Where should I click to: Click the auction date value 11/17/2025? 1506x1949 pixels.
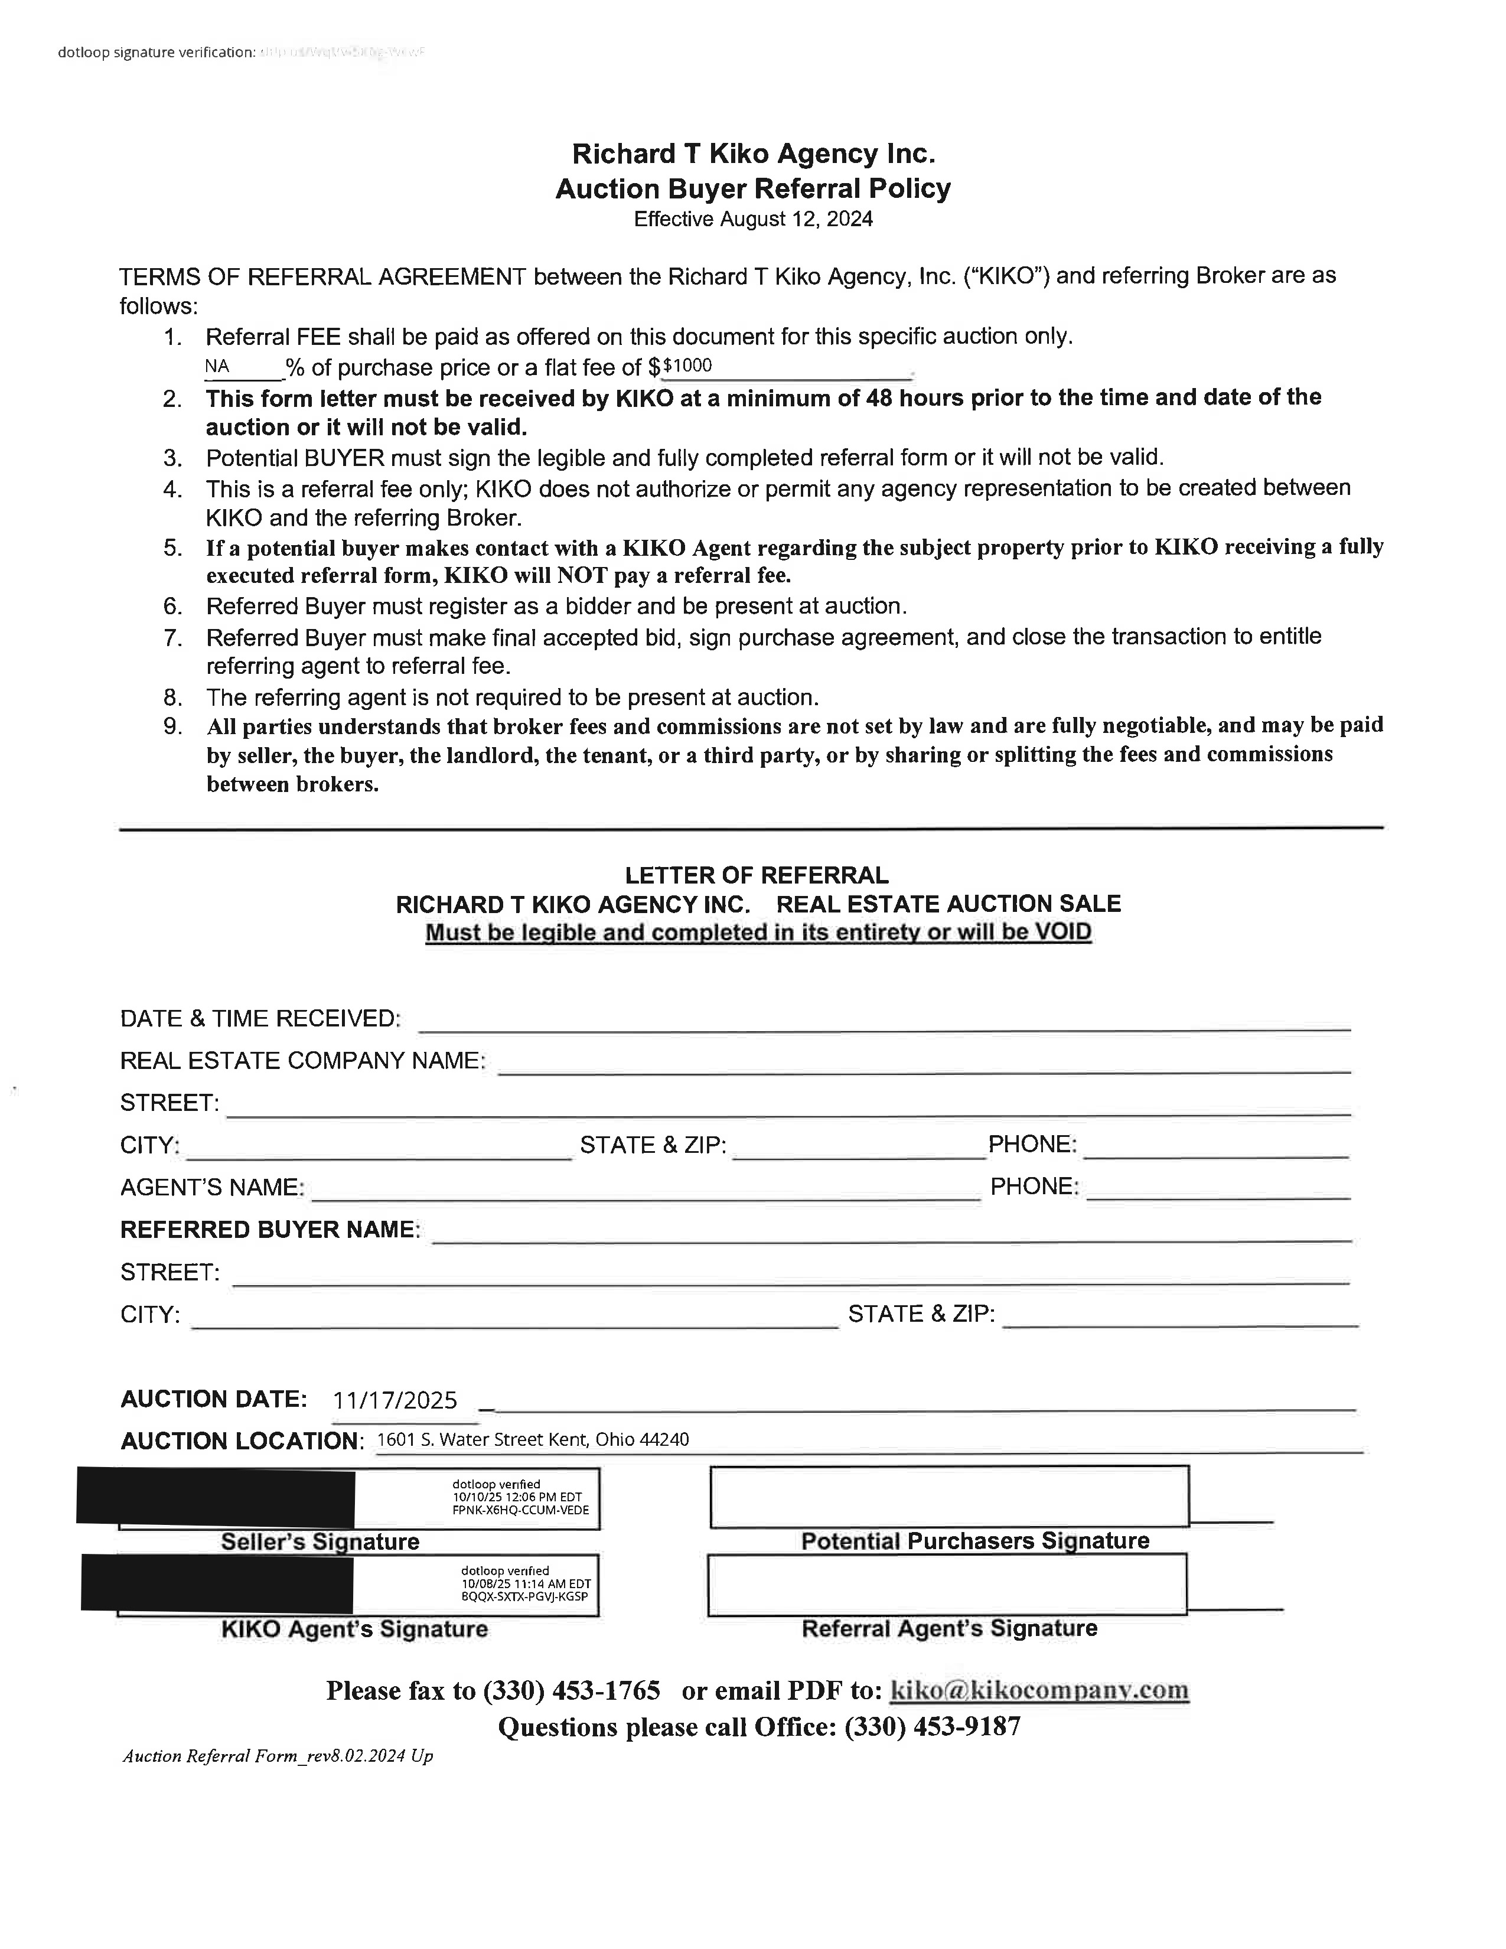click(x=395, y=1400)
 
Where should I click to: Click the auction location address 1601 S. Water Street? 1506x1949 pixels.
click(x=533, y=1439)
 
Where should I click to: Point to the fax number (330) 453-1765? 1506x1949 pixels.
click(x=571, y=1690)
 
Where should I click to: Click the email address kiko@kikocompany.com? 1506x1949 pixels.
click(x=1039, y=1690)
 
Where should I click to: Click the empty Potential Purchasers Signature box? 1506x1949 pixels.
click(x=949, y=1497)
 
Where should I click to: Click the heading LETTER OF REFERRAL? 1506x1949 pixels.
click(x=757, y=875)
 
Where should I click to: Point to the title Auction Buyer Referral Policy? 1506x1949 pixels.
click(x=753, y=188)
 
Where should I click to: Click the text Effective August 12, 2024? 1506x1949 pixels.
click(x=753, y=220)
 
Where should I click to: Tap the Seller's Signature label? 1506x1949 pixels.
click(x=320, y=1541)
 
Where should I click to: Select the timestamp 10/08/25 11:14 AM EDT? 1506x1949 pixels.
click(x=526, y=1584)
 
